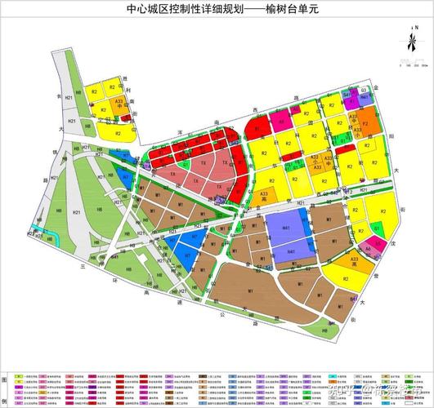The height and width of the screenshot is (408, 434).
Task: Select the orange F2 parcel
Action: (365, 126)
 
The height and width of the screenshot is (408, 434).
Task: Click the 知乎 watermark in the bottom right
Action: (342, 395)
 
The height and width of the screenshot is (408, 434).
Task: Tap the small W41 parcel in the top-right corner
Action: (347, 95)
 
